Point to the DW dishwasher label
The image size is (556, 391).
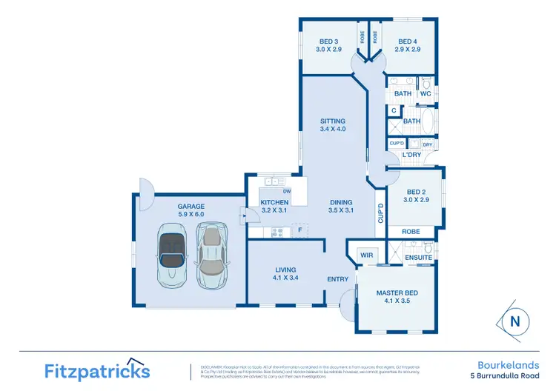[x=287, y=191]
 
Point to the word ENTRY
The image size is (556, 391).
[x=338, y=279]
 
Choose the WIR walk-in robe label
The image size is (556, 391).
[x=365, y=255]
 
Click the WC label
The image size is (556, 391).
[x=426, y=94]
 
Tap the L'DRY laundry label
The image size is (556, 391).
[x=411, y=155]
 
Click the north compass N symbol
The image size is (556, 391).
[x=514, y=321]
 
